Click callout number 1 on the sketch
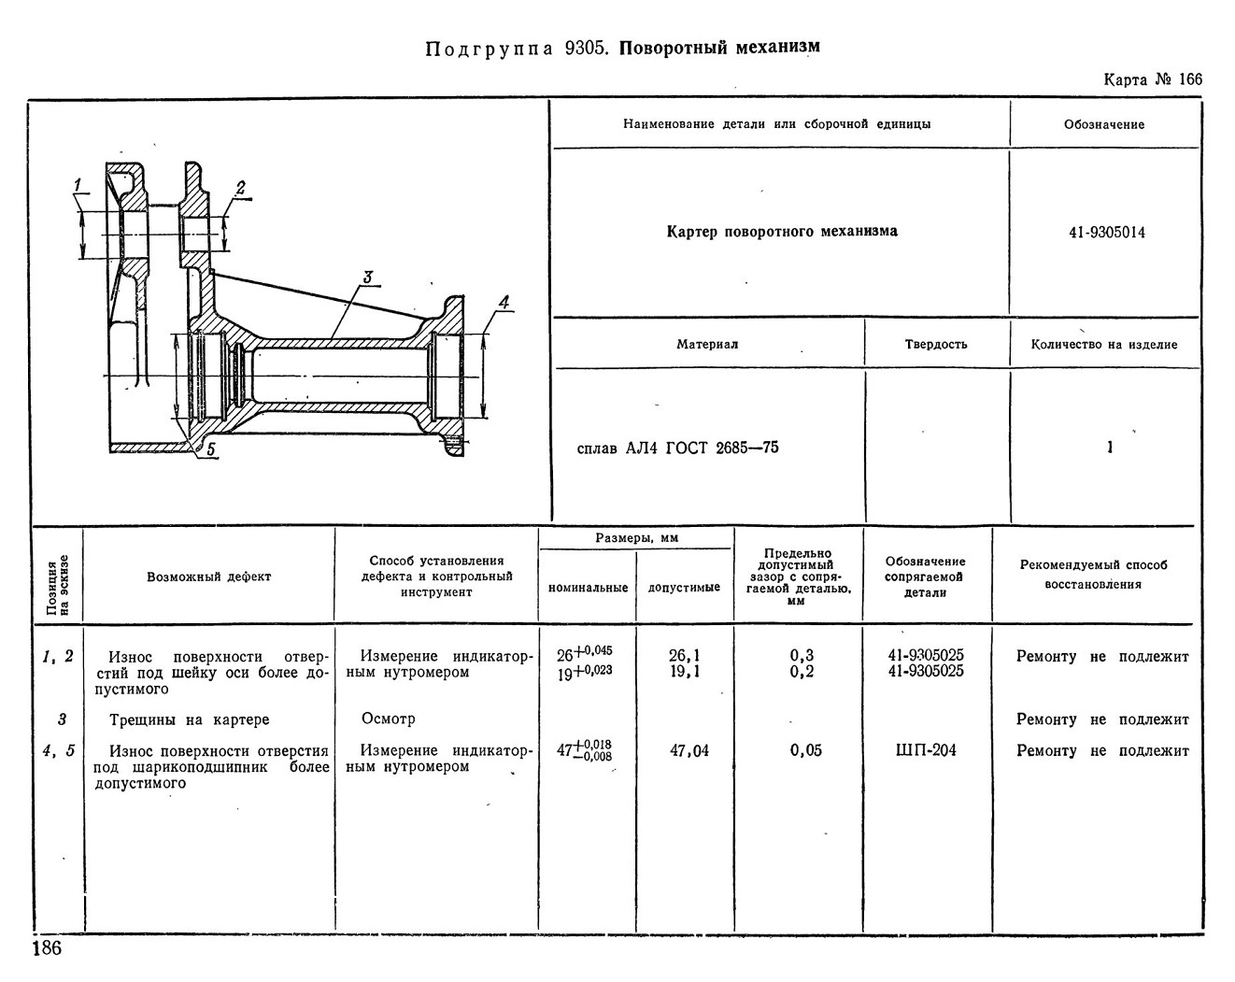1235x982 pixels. [x=78, y=185]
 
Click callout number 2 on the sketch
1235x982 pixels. [x=240, y=188]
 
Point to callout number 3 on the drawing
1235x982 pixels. [x=368, y=278]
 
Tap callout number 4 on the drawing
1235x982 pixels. [x=504, y=302]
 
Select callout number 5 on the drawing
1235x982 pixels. [x=210, y=449]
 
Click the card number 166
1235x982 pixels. [x=1189, y=79]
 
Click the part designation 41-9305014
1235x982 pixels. [x=1106, y=233]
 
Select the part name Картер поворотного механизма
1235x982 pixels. [x=782, y=232]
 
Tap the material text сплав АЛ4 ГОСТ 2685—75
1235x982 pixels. [x=677, y=448]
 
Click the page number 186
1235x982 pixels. [x=47, y=948]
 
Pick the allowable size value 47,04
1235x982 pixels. [x=688, y=750]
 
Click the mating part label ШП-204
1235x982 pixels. [x=926, y=750]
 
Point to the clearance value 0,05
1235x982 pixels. [x=805, y=750]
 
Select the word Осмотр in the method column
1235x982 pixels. [x=388, y=719]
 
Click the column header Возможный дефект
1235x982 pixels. [x=209, y=576]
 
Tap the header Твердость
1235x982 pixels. [x=936, y=345]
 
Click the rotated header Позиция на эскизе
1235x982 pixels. [x=58, y=585]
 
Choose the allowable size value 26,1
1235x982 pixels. [x=684, y=655]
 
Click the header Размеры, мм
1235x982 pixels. [x=636, y=538]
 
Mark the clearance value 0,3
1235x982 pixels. [x=802, y=655]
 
